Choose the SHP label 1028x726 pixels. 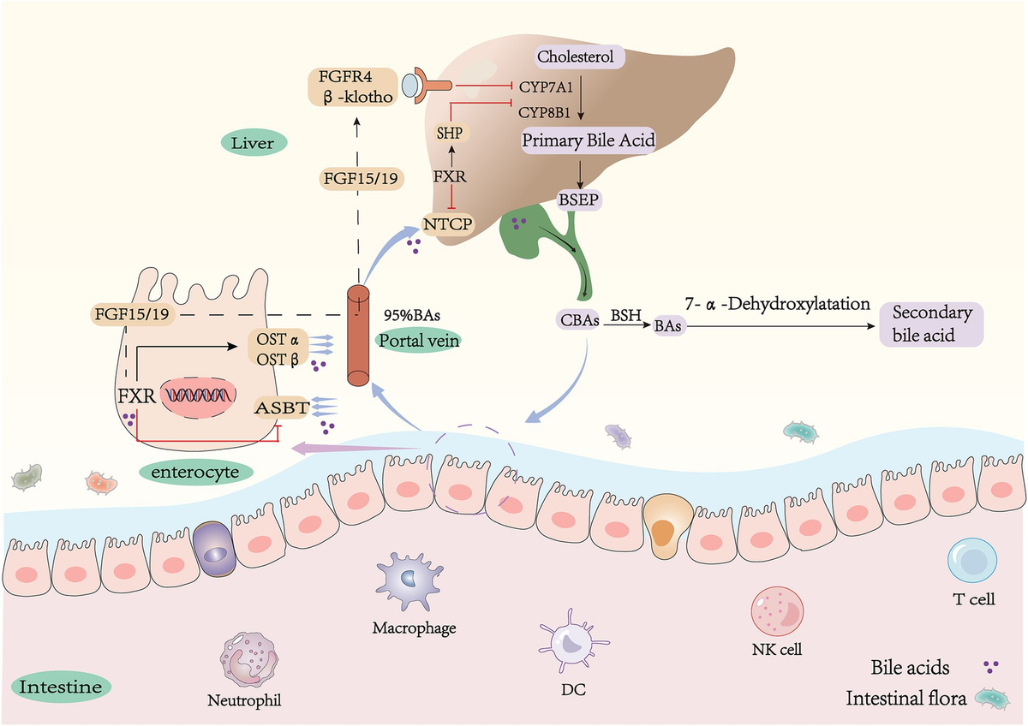[448, 134]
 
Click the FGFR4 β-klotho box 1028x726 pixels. [352, 86]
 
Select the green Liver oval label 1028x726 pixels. [253, 143]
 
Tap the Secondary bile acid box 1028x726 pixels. [931, 324]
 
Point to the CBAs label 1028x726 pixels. [575, 324]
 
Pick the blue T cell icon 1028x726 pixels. [971, 563]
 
